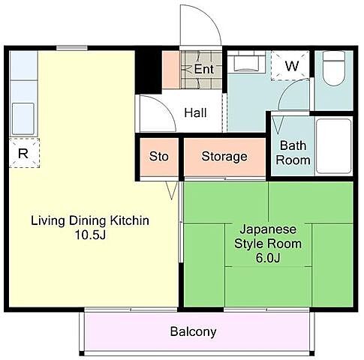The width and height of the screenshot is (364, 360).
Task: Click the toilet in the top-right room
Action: coord(334,68)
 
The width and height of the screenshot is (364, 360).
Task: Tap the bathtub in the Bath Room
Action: coord(334,146)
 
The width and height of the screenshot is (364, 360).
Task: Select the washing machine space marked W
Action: coord(290,65)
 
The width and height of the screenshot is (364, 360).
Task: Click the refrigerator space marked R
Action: coord(24,153)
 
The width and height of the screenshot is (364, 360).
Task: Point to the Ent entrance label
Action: coord(204,69)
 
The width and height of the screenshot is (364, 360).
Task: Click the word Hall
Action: coord(195,112)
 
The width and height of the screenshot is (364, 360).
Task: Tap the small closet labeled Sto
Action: coord(159,157)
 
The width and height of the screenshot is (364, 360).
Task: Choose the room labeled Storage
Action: coord(224,157)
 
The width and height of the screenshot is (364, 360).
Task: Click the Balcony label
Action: coord(193,331)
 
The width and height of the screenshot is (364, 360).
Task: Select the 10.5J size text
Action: coord(90,235)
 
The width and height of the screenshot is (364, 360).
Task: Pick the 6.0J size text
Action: coord(268,258)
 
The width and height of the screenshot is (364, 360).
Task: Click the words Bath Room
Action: coord(293,153)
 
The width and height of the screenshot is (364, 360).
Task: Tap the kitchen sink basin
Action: coord(23,119)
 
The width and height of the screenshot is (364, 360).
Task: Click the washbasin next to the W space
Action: coord(246,61)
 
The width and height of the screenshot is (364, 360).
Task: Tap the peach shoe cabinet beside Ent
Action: coord(171,70)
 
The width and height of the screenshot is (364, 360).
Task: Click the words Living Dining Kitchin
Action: coord(90,220)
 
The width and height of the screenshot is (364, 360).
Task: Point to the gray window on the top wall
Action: coord(72,48)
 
